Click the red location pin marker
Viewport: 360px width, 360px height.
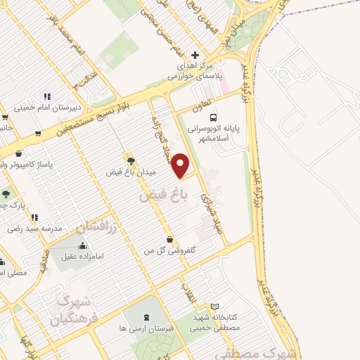point(182,166)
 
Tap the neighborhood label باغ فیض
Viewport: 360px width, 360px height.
point(155,195)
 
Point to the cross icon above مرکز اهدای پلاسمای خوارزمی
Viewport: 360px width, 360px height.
point(195,55)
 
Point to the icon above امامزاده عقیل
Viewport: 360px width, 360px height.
point(84,246)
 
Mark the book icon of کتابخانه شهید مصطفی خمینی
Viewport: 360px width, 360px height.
point(215,307)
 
